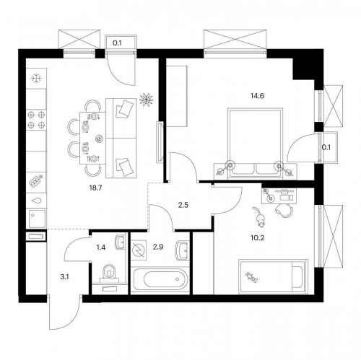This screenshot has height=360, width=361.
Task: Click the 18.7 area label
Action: pyautogui.click(x=96, y=188)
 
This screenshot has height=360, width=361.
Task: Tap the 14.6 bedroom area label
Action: pyautogui.click(x=257, y=96)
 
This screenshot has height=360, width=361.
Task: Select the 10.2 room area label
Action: pyautogui.click(x=257, y=238)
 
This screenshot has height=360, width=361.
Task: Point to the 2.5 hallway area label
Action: pyautogui.click(x=183, y=205)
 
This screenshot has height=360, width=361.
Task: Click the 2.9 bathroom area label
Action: pyautogui.click(x=158, y=247)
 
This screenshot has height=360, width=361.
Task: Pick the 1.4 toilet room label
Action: pyautogui.click(x=101, y=247)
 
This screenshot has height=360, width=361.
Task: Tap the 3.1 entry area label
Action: pyautogui.click(x=64, y=277)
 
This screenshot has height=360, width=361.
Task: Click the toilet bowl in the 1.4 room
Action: pyautogui.click(x=109, y=273)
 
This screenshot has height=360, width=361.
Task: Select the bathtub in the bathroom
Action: pyautogui.click(x=160, y=279)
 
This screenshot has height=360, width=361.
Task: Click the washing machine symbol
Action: pyautogui.click(x=139, y=250)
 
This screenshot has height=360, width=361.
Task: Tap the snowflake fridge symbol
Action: pyautogui.click(x=37, y=78)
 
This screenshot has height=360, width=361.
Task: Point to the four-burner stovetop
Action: pyautogui.click(x=36, y=120)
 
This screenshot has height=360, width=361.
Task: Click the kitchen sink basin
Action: pyautogui.click(x=37, y=219)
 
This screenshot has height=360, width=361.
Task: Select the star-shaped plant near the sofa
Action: pyautogui.click(x=147, y=100)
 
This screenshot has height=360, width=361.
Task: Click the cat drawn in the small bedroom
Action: pyautogui.click(x=258, y=217)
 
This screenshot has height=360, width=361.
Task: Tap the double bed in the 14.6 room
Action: pyautogui.click(x=256, y=144)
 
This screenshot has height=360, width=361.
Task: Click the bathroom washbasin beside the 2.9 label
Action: pyautogui.click(x=182, y=250)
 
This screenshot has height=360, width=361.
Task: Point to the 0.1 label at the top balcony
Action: pyautogui.click(x=117, y=43)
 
